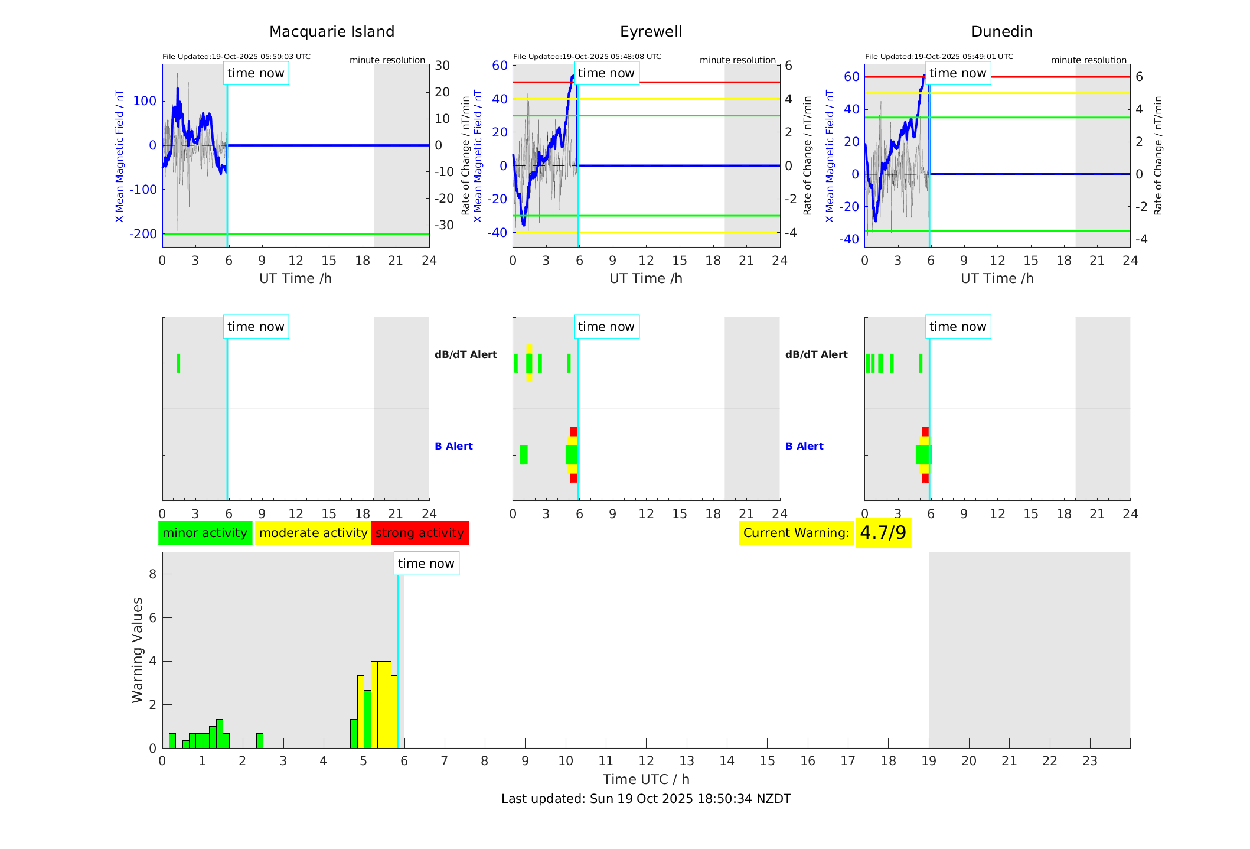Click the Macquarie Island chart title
(331, 32)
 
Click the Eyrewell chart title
(651, 32)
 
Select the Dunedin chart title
(1001, 32)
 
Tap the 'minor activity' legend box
(205, 533)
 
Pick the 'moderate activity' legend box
(313, 533)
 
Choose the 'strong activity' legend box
(420, 533)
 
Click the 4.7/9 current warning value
(883, 533)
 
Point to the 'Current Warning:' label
(796, 533)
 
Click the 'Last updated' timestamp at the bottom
(646, 799)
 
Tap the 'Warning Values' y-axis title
(138, 650)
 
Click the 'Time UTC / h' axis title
(646, 779)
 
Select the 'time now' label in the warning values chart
(426, 564)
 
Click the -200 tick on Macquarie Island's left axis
(143, 234)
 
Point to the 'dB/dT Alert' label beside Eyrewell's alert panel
(466, 354)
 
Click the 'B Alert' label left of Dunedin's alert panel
(804, 446)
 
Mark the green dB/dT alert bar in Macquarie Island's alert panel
(178, 363)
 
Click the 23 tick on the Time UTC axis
(1089, 761)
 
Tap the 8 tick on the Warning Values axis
(152, 574)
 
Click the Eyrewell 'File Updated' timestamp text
(587, 57)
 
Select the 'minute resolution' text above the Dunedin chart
(1088, 60)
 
